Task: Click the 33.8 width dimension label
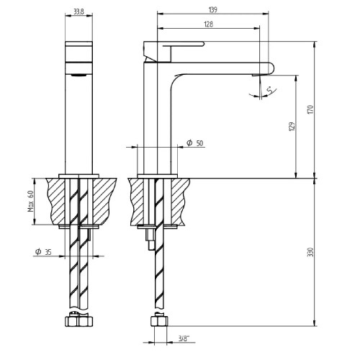[78, 12]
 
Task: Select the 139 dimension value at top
[213, 10]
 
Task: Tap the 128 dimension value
[208, 24]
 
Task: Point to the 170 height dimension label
[310, 109]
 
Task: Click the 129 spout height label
[292, 127]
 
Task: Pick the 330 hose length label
[310, 252]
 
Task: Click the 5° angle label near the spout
[270, 91]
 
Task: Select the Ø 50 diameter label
[194, 143]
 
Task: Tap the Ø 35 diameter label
[43, 252]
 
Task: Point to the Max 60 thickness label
[30, 201]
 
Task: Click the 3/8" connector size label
[184, 338]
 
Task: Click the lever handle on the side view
[183, 44]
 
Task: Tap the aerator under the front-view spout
[78, 75]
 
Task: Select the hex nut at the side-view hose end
[159, 321]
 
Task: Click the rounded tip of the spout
[271, 68]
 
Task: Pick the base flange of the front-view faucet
[78, 176]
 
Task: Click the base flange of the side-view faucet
[157, 176]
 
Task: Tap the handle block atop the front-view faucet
[78, 51]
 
